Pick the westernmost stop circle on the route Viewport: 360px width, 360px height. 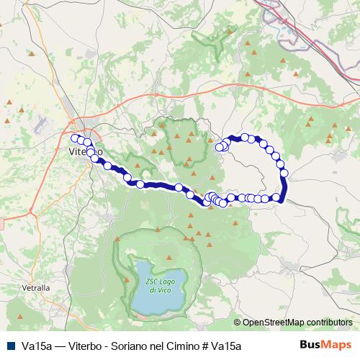(75, 138)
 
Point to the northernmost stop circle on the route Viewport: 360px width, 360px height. (246, 137)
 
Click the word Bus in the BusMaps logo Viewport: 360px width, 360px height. (307, 345)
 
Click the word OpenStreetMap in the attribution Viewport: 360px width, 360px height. (274, 323)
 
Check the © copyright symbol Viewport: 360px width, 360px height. (238, 323)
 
